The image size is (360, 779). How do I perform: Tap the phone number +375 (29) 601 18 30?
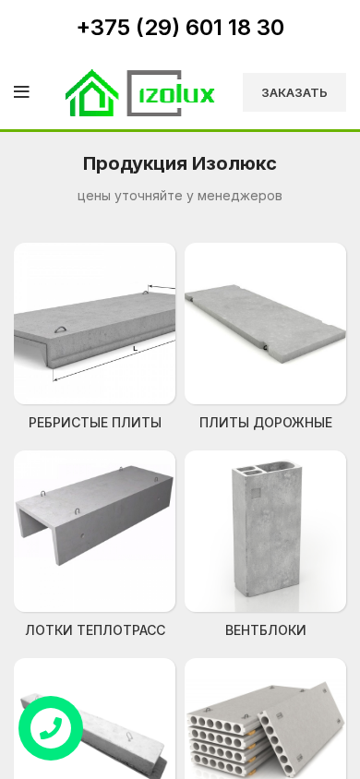pos(180,28)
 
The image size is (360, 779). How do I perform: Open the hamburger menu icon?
pos(21,92)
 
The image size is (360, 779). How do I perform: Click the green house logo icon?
pos(92,93)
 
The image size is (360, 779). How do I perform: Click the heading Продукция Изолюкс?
pos(180,163)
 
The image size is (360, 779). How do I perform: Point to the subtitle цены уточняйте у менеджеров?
pos(180,196)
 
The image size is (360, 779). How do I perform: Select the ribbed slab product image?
pos(94,323)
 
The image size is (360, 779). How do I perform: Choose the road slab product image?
pos(265,323)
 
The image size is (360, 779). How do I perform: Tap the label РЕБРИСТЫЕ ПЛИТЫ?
pos(95,423)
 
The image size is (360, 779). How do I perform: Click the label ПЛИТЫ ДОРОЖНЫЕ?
pos(266,423)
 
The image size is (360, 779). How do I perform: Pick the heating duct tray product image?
pos(94,531)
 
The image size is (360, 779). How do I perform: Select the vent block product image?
pos(265,531)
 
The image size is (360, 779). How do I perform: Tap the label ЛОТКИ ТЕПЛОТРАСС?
pos(95,630)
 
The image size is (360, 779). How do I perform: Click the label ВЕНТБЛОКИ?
pos(266,630)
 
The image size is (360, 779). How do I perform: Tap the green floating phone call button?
pos(51,728)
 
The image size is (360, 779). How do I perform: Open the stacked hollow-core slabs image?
pos(265,718)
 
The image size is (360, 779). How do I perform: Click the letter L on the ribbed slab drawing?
pos(135,349)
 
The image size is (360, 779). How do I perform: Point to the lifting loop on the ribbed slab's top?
pos(62,329)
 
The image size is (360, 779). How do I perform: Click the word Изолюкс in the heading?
pos(234,163)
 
